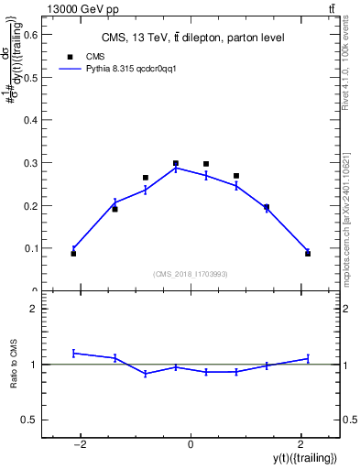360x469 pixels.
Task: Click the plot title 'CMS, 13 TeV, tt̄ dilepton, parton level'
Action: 191,38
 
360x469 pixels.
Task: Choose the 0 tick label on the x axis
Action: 191,444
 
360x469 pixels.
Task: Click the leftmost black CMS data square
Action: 73,253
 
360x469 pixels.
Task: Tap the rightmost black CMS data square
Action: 308,253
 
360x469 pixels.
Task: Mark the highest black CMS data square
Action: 175,163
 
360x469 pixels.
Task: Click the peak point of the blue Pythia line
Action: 175,168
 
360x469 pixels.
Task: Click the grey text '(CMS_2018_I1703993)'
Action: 191,274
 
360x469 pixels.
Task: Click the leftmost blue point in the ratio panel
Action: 73,353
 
